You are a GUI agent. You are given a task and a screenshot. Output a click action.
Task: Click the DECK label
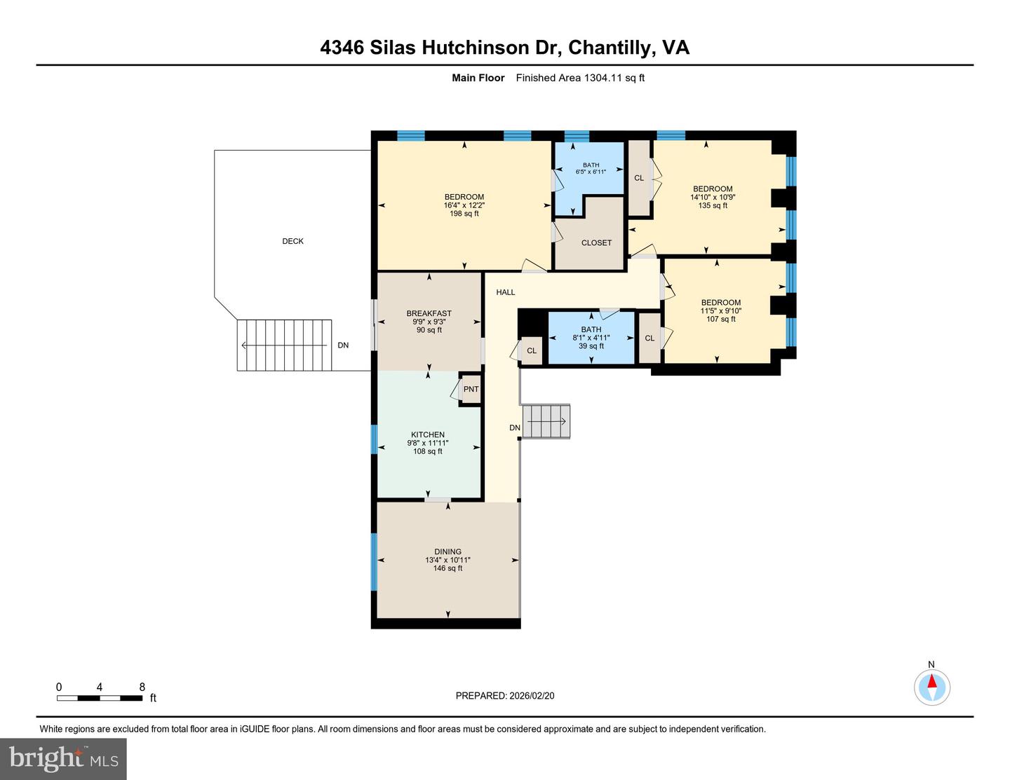pos(292,241)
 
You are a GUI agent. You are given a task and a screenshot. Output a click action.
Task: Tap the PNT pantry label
pos(471,390)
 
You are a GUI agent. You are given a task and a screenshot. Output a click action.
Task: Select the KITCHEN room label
pos(427,435)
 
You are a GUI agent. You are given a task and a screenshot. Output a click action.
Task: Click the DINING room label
pos(447,552)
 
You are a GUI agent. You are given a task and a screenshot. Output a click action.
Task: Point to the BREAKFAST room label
pos(429,313)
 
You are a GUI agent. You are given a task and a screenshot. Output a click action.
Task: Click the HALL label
pos(505,292)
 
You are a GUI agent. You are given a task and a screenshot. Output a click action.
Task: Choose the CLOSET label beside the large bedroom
pos(596,242)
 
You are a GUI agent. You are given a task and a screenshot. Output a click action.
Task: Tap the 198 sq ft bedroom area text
pos(464,214)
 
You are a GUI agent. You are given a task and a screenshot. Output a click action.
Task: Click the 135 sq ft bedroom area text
pos(713,205)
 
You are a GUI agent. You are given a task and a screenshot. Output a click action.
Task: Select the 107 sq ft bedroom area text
pos(720,319)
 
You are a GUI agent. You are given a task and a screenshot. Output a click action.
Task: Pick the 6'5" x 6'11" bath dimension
pos(591,172)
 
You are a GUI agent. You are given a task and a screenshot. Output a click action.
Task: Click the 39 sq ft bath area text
pos(591,346)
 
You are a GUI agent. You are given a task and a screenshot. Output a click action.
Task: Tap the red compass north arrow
pos(932,682)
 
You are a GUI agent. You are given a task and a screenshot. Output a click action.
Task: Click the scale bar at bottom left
pos(100,698)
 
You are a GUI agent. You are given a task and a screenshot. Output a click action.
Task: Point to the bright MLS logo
pos(64,759)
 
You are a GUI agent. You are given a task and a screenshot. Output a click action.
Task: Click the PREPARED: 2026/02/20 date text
pos(504,696)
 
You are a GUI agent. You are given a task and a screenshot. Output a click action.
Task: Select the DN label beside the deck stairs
pos(343,345)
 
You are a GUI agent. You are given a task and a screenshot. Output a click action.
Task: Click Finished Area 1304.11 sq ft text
pos(580,78)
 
